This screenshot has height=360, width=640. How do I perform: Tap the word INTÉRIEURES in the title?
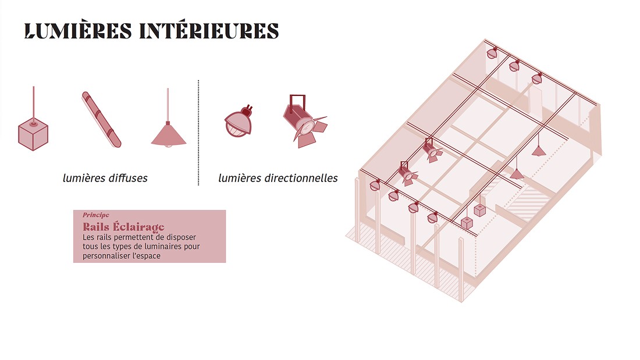coord(209,31)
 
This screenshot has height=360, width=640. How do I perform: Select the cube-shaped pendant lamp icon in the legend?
coord(33,135)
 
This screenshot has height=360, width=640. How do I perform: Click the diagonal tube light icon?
coord(101,119)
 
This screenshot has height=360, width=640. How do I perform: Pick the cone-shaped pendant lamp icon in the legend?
coord(168,134)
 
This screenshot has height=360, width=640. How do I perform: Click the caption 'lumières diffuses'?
coord(105,178)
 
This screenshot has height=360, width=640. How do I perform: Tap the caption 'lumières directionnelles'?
coord(278,178)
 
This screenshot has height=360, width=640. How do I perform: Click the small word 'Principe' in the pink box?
coord(96,215)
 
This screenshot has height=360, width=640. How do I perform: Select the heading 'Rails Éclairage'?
coord(123,226)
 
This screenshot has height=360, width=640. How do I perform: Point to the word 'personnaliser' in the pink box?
coord(107,256)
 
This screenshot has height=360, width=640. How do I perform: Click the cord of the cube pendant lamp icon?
coord(33,102)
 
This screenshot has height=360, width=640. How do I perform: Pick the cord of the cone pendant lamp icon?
coord(168,105)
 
